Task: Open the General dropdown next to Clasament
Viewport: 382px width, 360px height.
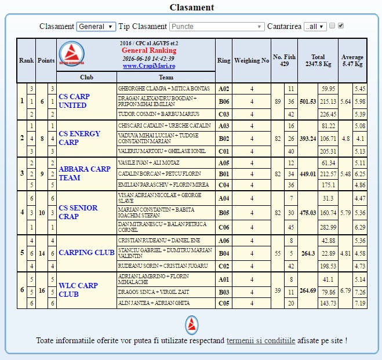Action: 96,27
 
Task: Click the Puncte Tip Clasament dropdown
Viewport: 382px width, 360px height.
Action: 217,27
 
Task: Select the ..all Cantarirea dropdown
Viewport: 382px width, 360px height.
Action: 315,27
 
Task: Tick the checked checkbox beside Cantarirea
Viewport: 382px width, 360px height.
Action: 341,26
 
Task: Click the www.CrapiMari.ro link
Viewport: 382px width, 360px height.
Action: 149,66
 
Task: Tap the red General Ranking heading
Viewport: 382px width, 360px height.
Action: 149,50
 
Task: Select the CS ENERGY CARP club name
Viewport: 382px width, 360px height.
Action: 79,138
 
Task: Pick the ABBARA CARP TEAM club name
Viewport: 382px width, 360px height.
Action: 84,173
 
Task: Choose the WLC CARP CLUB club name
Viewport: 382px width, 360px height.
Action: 78,290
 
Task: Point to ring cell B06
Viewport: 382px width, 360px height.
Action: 224,101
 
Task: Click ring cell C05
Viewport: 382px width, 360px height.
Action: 224,303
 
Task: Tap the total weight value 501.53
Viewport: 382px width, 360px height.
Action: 308,101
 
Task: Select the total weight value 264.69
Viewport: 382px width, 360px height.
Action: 308,290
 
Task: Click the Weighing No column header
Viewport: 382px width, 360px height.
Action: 252,60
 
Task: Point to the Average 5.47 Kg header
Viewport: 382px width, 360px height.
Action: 352,60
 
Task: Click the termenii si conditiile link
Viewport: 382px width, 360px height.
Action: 261,340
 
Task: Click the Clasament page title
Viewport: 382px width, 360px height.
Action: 191,8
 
